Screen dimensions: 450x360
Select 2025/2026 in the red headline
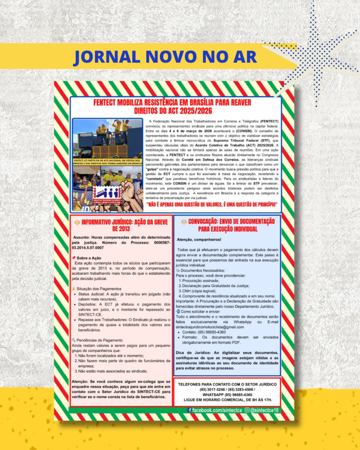point(192,110)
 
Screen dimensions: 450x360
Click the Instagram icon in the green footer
point(247,410)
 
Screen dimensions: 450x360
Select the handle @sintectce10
point(265,410)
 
